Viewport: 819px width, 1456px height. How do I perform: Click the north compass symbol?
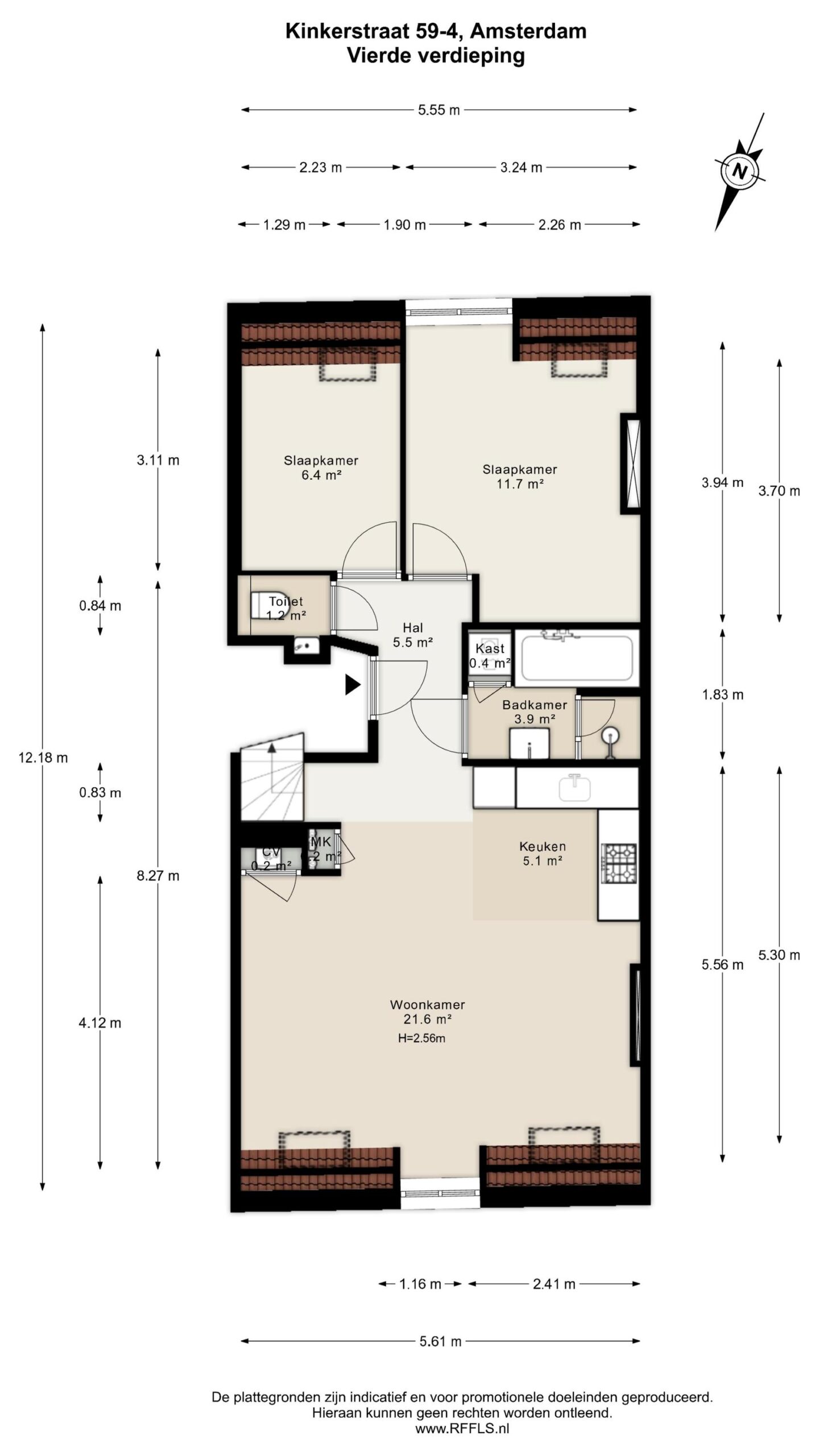coord(739,171)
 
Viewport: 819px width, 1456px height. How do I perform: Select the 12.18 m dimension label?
coord(43,758)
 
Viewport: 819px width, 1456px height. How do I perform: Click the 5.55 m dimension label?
coord(439,110)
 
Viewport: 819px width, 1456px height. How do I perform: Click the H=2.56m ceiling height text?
coord(421,1038)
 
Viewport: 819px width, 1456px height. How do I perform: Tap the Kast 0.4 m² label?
coord(490,655)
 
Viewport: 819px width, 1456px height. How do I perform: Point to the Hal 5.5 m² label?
coord(413,635)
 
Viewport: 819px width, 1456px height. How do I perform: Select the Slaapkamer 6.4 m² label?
coord(321,468)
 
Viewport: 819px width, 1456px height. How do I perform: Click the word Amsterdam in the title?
coord(529,31)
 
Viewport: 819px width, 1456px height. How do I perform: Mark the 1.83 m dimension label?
coord(723,694)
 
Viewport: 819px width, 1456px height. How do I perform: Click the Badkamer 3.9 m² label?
coord(535,712)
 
